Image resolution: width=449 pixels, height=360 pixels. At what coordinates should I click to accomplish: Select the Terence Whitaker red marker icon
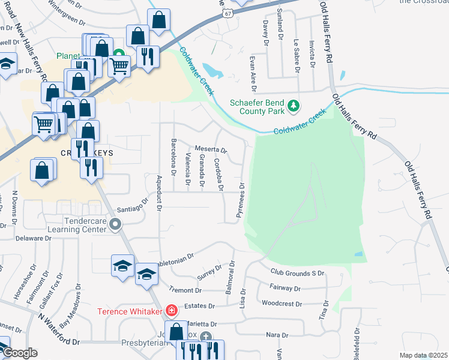point(172,310)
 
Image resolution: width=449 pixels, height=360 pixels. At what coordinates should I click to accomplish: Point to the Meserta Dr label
point(210,149)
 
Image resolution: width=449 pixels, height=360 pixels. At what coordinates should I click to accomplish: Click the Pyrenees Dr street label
point(243,200)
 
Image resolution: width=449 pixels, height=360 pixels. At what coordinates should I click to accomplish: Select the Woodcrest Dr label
point(282,304)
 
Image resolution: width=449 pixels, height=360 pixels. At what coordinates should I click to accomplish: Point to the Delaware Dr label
point(35,238)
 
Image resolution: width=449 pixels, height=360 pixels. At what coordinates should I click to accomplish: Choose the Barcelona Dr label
point(173,157)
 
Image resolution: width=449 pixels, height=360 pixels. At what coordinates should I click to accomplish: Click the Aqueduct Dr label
point(160,194)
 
